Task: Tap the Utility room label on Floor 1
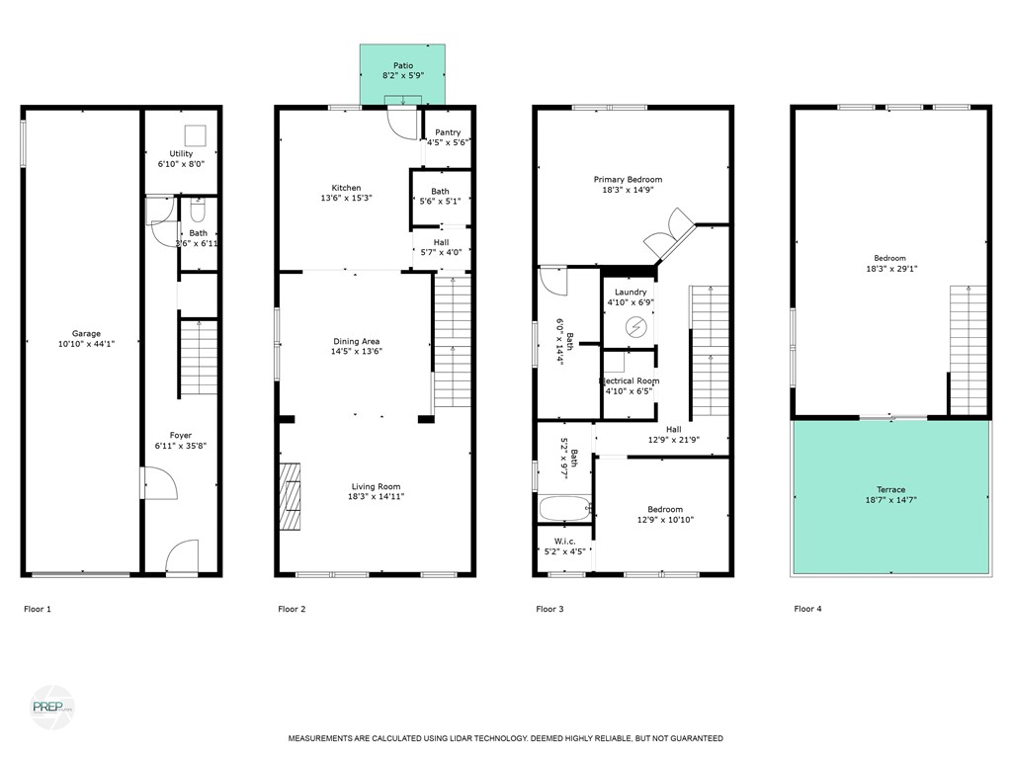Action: pyautogui.click(x=181, y=154)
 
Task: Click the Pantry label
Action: pyautogui.click(x=448, y=132)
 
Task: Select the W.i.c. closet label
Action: pyautogui.click(x=564, y=541)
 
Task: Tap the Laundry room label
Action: pyautogui.click(x=630, y=293)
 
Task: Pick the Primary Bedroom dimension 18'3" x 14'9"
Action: pyautogui.click(x=628, y=191)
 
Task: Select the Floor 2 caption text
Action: pyautogui.click(x=292, y=610)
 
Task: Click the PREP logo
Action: pyautogui.click(x=51, y=707)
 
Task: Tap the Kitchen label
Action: pyautogui.click(x=346, y=188)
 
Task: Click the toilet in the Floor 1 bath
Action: pyautogui.click(x=197, y=211)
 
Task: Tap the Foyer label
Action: pyautogui.click(x=180, y=436)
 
